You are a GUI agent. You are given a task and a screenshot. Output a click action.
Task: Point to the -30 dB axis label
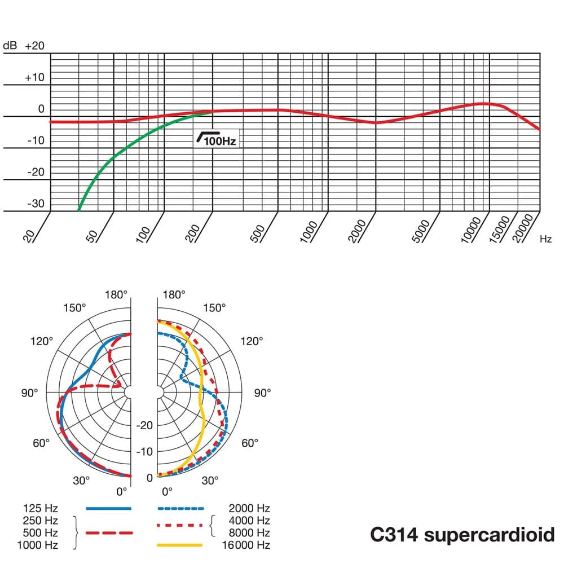[35, 204]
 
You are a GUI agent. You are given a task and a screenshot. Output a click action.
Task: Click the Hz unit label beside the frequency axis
[545, 239]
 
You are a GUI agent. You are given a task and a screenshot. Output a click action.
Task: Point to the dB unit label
[11, 46]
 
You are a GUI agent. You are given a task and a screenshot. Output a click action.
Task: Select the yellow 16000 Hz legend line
[179, 545]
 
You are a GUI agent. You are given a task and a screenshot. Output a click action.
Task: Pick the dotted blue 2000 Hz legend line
[179, 508]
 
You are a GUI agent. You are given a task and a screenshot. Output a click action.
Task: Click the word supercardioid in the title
[489, 534]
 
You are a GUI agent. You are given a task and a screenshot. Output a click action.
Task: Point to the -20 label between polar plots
[145, 425]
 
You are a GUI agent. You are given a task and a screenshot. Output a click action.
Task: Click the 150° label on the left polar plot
[75, 307]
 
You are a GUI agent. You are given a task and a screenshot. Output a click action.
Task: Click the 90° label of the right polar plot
[262, 393]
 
